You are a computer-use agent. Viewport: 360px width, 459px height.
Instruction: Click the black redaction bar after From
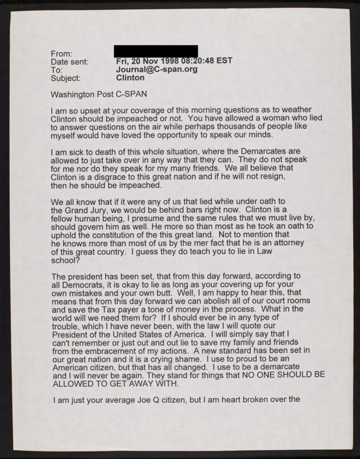click(x=156, y=52)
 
